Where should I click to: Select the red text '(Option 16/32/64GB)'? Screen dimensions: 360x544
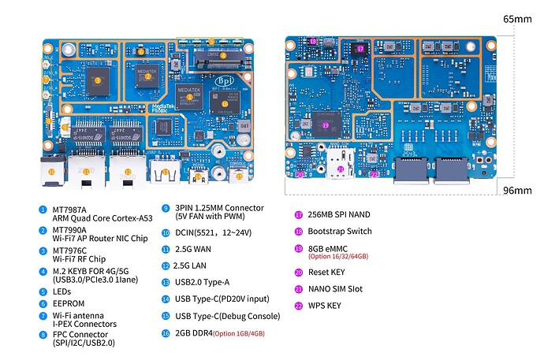[338, 257]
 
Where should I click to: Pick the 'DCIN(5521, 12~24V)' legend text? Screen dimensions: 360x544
[207, 232]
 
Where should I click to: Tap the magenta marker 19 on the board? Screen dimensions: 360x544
[325, 125]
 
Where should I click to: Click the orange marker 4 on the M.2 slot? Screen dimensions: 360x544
[223, 55]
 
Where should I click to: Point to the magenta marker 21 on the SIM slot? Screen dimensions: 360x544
[339, 169]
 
